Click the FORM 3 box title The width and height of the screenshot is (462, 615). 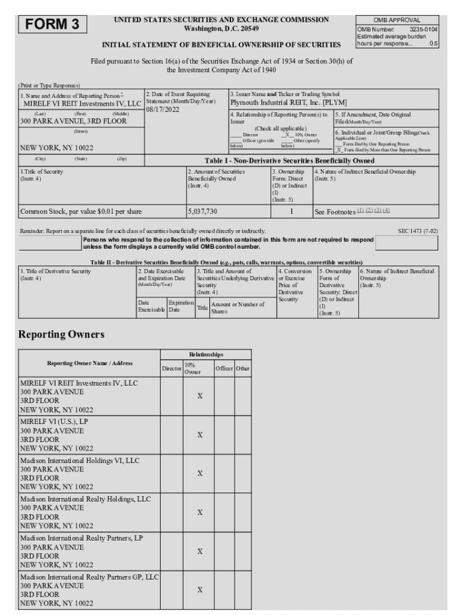click(x=52, y=25)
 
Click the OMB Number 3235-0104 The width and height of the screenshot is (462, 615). click(x=423, y=29)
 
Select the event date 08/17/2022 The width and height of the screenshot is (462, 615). click(x=164, y=110)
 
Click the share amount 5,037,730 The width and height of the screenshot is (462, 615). click(x=203, y=212)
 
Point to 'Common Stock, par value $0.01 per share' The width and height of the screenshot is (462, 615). click(x=81, y=212)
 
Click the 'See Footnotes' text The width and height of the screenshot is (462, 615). click(x=335, y=212)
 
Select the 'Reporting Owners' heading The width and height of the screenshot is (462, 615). click(x=61, y=334)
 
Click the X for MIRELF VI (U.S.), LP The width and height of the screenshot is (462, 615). click(x=200, y=435)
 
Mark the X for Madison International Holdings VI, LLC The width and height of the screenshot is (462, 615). click(x=200, y=474)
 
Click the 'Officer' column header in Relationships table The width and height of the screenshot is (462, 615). click(x=224, y=368)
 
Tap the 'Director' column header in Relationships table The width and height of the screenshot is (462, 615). click(x=172, y=368)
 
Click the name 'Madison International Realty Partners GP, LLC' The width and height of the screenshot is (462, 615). click(x=89, y=577)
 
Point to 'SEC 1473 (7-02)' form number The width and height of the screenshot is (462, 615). click(x=418, y=231)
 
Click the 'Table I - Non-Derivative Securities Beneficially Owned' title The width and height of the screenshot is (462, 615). click(x=290, y=161)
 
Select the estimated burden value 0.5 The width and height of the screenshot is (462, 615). click(x=433, y=44)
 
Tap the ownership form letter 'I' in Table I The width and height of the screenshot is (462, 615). click(x=292, y=212)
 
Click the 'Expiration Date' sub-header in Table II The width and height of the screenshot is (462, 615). click(x=181, y=307)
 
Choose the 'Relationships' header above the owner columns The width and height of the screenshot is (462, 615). click(x=206, y=354)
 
